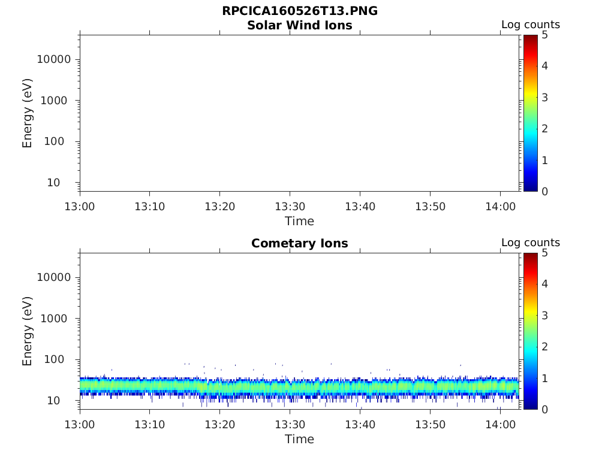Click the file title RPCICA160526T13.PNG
click(299, 11)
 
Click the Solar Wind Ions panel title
click(299, 25)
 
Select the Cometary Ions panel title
click(299, 243)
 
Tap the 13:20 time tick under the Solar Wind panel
click(219, 207)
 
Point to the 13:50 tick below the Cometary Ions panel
click(429, 425)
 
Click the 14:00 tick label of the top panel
click(499, 207)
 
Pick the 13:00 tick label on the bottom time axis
click(80, 425)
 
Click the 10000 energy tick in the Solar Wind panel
click(54, 59)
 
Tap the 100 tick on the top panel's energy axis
click(60, 141)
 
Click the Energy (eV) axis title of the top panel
click(28, 113)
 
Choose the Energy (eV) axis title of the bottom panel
click(28, 331)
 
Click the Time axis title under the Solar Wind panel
click(299, 221)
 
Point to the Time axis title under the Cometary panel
click(299, 439)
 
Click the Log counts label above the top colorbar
click(530, 25)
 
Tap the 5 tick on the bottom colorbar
click(544, 253)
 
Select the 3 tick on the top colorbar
click(544, 97)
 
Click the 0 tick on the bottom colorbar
click(544, 409)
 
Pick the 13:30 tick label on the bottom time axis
click(290, 425)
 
